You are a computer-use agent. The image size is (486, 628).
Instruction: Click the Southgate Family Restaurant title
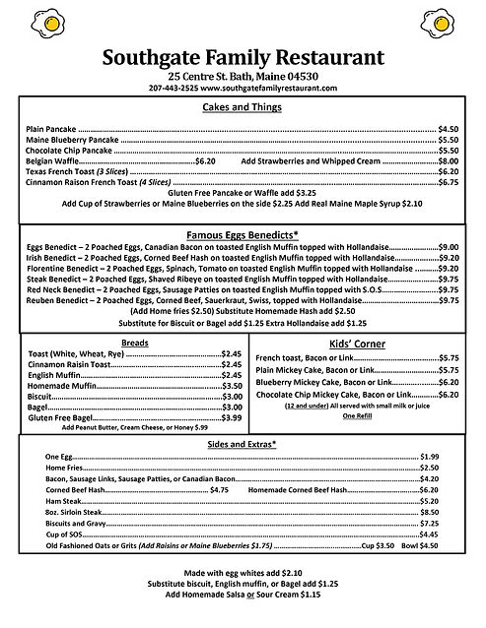(243, 57)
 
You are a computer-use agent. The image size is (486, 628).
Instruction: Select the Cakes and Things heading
(243, 107)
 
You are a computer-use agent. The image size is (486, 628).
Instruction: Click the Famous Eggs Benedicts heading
(243, 236)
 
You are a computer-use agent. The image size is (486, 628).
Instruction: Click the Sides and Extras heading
(243, 444)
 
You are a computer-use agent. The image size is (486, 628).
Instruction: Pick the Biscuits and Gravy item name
(75, 524)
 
